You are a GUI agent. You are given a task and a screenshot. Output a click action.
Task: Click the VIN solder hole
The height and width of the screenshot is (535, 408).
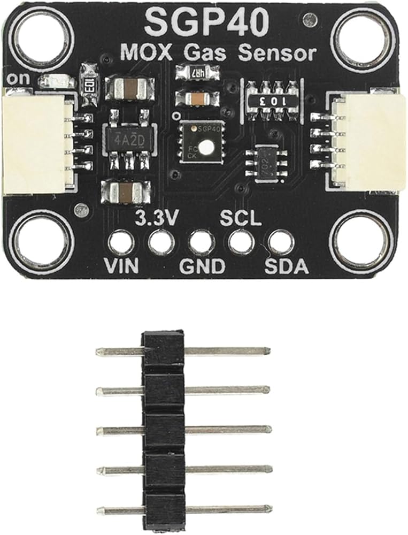pyautogui.click(x=120, y=242)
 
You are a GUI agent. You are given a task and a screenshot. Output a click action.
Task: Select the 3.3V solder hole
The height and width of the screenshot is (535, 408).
pyautogui.click(x=161, y=242)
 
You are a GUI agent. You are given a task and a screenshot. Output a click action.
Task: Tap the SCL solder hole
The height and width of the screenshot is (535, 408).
pyautogui.click(x=241, y=242)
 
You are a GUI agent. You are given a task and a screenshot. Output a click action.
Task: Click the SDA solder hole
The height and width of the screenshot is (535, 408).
pyautogui.click(x=281, y=242)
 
